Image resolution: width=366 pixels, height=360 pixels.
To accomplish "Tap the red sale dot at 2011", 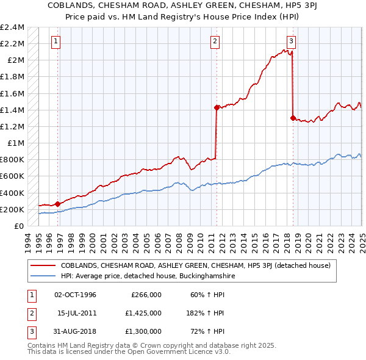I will (x=217, y=107).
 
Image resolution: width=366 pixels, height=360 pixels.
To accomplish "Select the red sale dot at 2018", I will (x=293, y=118).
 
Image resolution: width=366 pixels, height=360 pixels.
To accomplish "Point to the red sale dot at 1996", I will (x=57, y=204).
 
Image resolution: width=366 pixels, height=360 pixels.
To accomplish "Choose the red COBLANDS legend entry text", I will (x=195, y=265).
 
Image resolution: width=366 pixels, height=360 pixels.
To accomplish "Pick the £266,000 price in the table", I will (x=146, y=295).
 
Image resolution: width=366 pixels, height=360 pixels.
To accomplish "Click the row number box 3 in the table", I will (x=30, y=331).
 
